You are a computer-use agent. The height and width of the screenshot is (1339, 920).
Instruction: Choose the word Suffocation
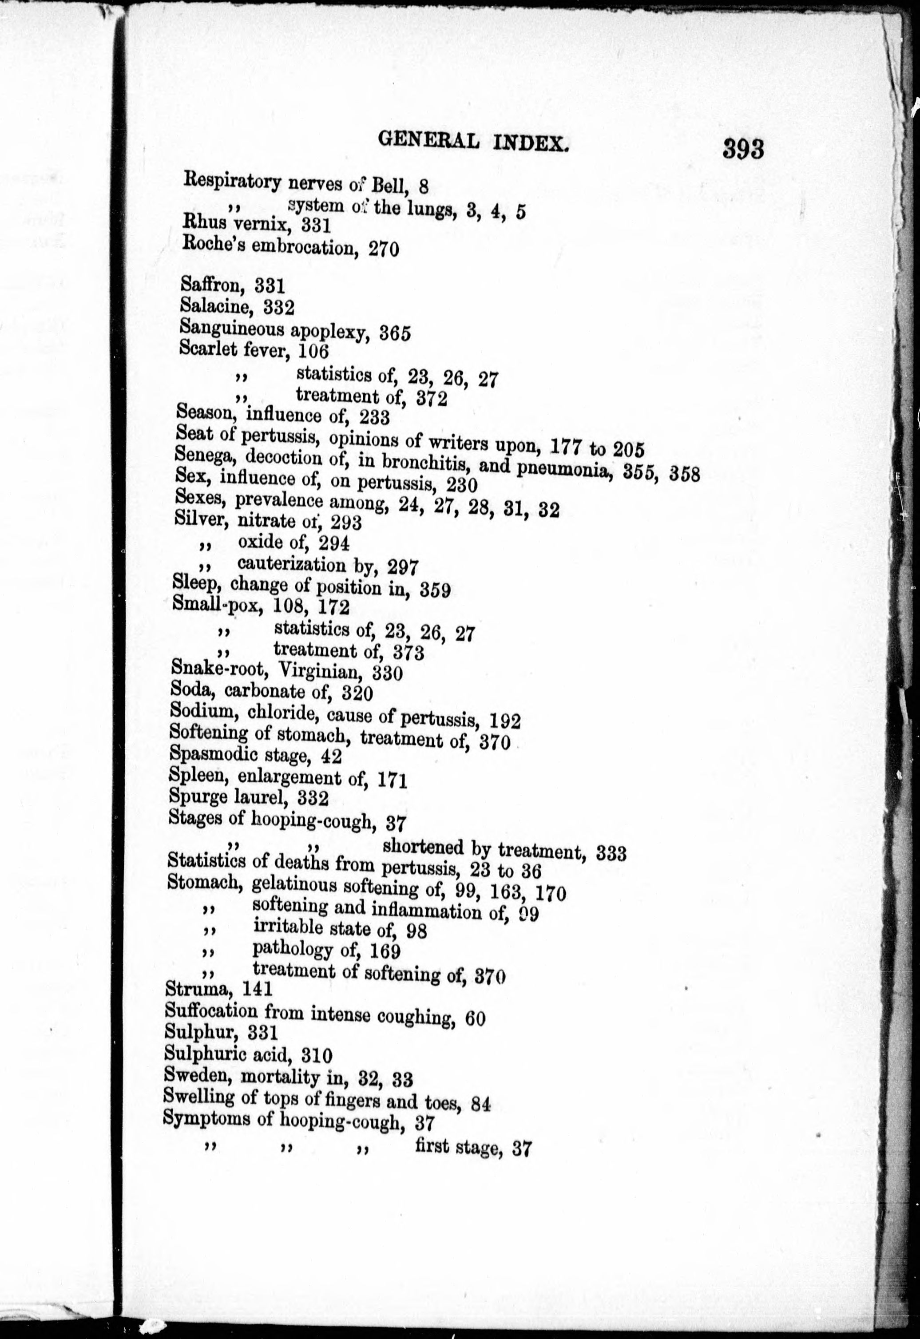[210, 1010]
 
